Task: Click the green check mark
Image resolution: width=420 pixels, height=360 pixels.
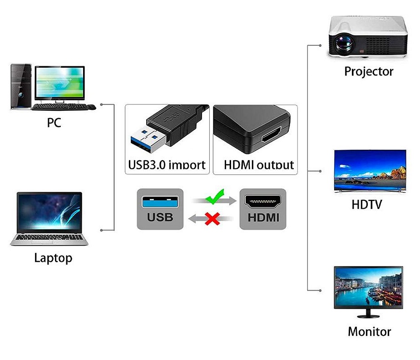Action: point(215,197)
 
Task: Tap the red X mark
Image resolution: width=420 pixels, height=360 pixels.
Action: point(212,218)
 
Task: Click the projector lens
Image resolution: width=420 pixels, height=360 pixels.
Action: point(343,43)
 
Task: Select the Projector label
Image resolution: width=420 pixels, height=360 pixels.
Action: point(369,72)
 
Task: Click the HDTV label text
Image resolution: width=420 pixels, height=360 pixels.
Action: point(367,204)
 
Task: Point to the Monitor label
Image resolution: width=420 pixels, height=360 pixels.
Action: point(370,331)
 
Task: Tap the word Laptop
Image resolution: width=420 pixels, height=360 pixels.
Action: point(53,258)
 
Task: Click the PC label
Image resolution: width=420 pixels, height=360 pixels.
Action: point(54,123)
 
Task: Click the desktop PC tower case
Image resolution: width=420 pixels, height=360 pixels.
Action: point(21,87)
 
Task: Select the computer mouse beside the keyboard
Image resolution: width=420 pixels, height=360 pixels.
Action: point(92,107)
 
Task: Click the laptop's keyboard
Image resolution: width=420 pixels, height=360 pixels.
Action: point(49,237)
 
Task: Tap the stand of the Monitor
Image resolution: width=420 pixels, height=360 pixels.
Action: point(368,313)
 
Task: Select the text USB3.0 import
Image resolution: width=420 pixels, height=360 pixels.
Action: point(167,164)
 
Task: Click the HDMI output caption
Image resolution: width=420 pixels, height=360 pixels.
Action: point(259,164)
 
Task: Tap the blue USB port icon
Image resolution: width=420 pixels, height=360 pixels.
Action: point(160,202)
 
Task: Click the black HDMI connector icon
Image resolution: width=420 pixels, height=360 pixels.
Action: point(263,202)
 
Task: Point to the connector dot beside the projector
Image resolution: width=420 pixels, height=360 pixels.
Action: point(321,45)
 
